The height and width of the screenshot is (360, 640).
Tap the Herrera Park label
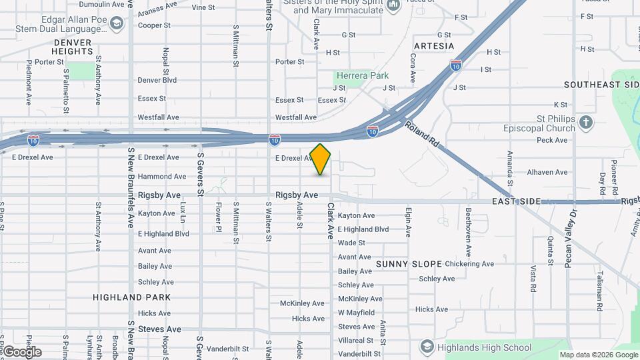362,75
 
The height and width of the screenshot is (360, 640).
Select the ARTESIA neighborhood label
433,46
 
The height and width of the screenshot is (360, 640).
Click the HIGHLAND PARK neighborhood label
132,297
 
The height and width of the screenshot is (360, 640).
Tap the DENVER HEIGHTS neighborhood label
73,47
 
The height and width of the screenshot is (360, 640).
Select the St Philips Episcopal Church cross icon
585,123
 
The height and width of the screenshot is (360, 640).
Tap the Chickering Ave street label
469,264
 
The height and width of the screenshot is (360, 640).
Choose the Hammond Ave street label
162,177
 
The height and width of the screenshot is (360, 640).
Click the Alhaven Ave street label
547,172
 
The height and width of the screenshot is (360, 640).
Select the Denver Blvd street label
157,80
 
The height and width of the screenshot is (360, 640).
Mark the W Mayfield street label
356,313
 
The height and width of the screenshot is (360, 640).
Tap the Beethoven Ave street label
469,233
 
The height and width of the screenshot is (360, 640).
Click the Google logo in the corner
22,352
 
